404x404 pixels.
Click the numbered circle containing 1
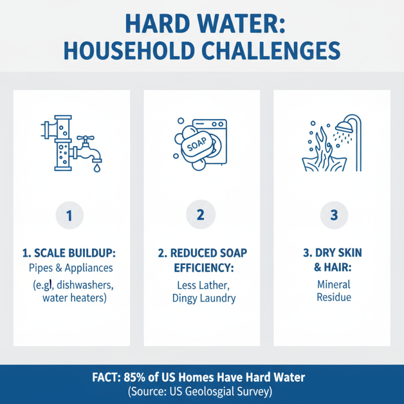(x=69, y=215)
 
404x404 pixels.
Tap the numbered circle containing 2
(x=200, y=215)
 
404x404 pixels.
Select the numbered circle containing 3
(x=333, y=215)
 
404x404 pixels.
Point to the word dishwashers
(x=90, y=285)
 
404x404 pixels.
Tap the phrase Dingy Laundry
(x=204, y=298)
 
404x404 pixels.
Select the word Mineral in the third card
(x=333, y=284)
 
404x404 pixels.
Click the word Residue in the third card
(x=333, y=297)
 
